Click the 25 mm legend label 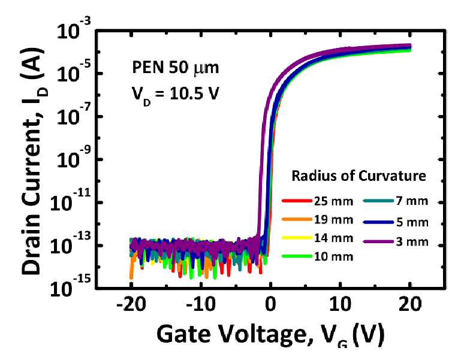click(x=334, y=201)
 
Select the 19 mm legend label click(x=334, y=220)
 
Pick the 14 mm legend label click(x=334, y=238)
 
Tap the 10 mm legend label click(x=334, y=256)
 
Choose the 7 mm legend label click(x=412, y=201)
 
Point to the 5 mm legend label click(x=412, y=222)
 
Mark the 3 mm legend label click(x=412, y=241)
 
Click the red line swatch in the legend click(x=297, y=201)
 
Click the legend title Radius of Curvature click(x=358, y=176)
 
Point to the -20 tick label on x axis click(x=131, y=304)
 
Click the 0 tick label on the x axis click(x=270, y=304)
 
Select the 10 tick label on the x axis click(x=340, y=304)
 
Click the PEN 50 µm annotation click(x=176, y=68)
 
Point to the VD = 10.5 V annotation click(x=176, y=95)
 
